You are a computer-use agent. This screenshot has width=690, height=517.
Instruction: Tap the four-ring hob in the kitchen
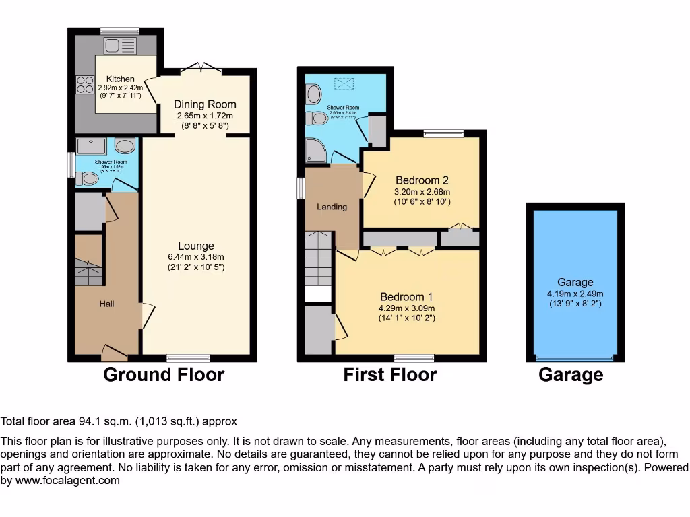(85, 85)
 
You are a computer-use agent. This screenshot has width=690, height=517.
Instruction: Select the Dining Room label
(205, 104)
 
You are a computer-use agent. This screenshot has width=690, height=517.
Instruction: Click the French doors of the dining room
(201, 67)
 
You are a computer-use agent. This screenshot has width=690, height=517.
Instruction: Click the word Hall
(106, 304)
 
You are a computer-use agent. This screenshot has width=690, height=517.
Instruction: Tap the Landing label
(332, 207)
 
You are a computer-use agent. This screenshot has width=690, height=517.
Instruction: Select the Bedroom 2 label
(422, 180)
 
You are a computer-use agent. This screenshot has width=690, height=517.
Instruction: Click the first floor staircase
(318, 259)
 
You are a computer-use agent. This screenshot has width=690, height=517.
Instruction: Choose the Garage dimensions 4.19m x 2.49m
(575, 294)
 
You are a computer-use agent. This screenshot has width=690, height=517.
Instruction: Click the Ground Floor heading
(163, 375)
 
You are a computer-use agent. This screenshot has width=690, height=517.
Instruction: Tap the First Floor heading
(389, 375)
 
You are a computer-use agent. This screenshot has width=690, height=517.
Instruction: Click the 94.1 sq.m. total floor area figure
(100, 422)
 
